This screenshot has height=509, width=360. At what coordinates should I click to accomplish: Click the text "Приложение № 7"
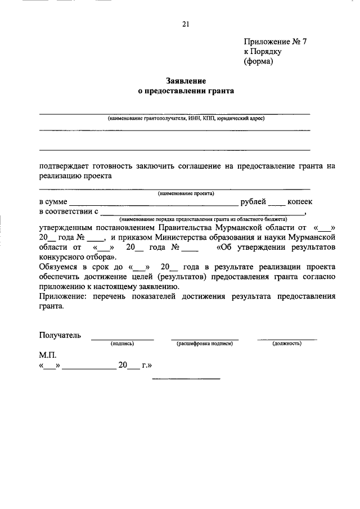275,42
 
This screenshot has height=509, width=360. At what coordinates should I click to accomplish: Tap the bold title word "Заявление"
185,80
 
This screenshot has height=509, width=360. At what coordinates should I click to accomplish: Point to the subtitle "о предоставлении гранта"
185,90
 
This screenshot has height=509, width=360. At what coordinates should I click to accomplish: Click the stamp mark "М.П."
48,355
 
